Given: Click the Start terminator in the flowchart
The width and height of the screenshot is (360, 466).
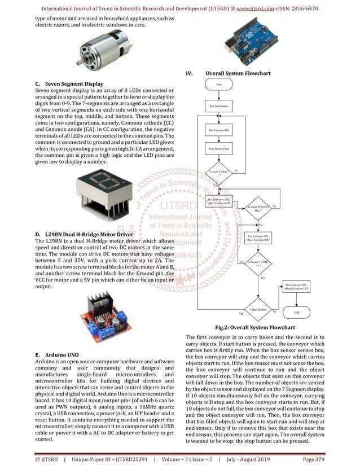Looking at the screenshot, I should point(219,84).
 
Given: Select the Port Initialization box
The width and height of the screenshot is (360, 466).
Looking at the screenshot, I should point(218,106).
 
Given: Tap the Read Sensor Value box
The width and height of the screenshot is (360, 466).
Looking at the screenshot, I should point(218,149).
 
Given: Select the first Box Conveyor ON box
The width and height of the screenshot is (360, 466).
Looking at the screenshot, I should point(218,130).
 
